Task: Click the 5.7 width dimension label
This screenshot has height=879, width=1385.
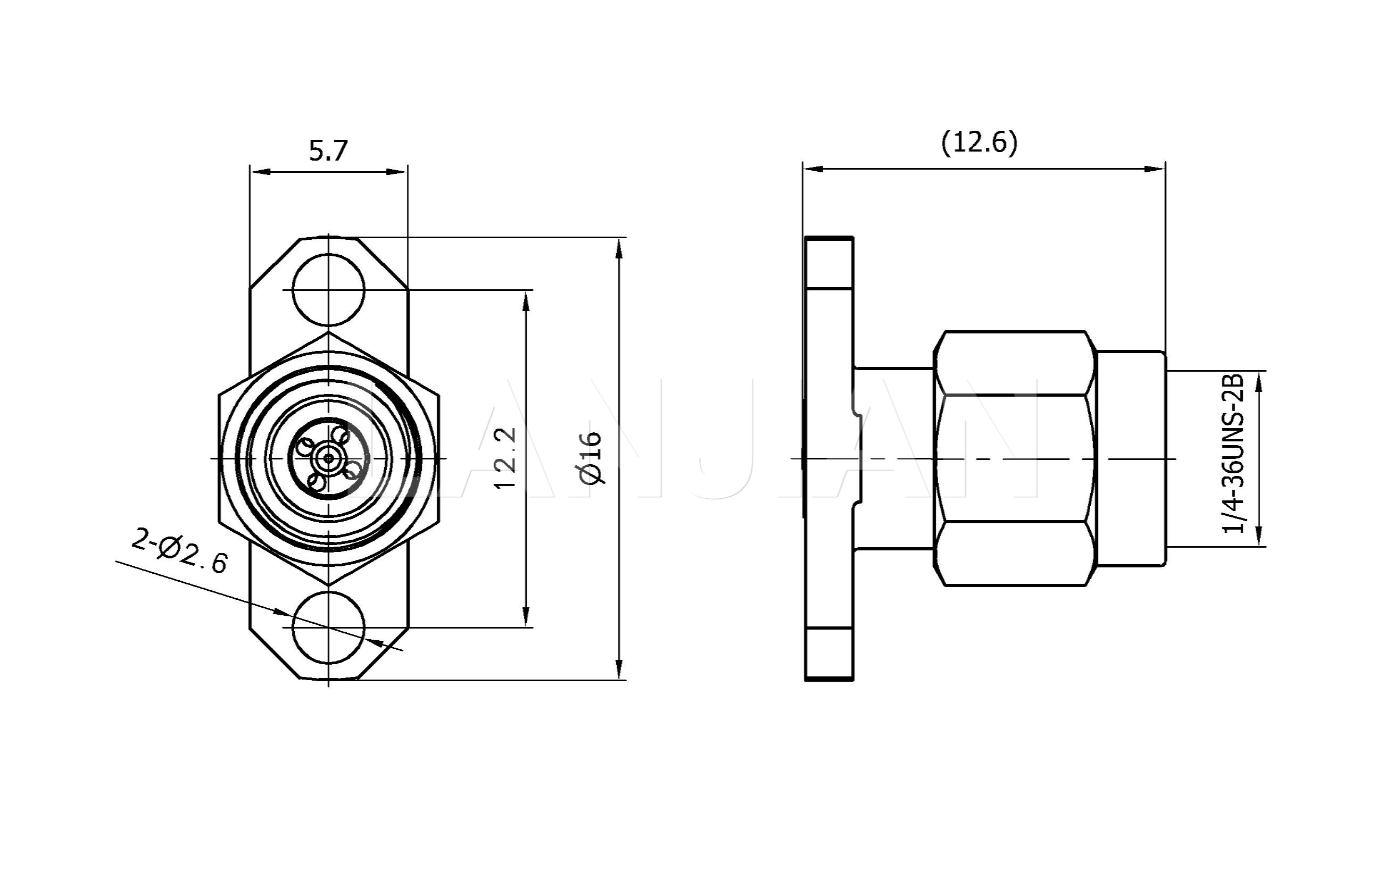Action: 328,151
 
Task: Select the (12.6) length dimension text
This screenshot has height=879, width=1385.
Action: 979,142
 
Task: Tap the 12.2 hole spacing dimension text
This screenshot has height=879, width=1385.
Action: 506,458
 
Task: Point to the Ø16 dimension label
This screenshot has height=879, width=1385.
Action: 591,458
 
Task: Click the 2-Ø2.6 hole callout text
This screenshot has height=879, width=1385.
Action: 179,551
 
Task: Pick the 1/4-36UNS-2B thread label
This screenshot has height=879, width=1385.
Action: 1233,454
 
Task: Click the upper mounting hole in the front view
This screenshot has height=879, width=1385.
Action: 328,290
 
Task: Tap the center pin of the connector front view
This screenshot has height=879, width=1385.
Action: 328,458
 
